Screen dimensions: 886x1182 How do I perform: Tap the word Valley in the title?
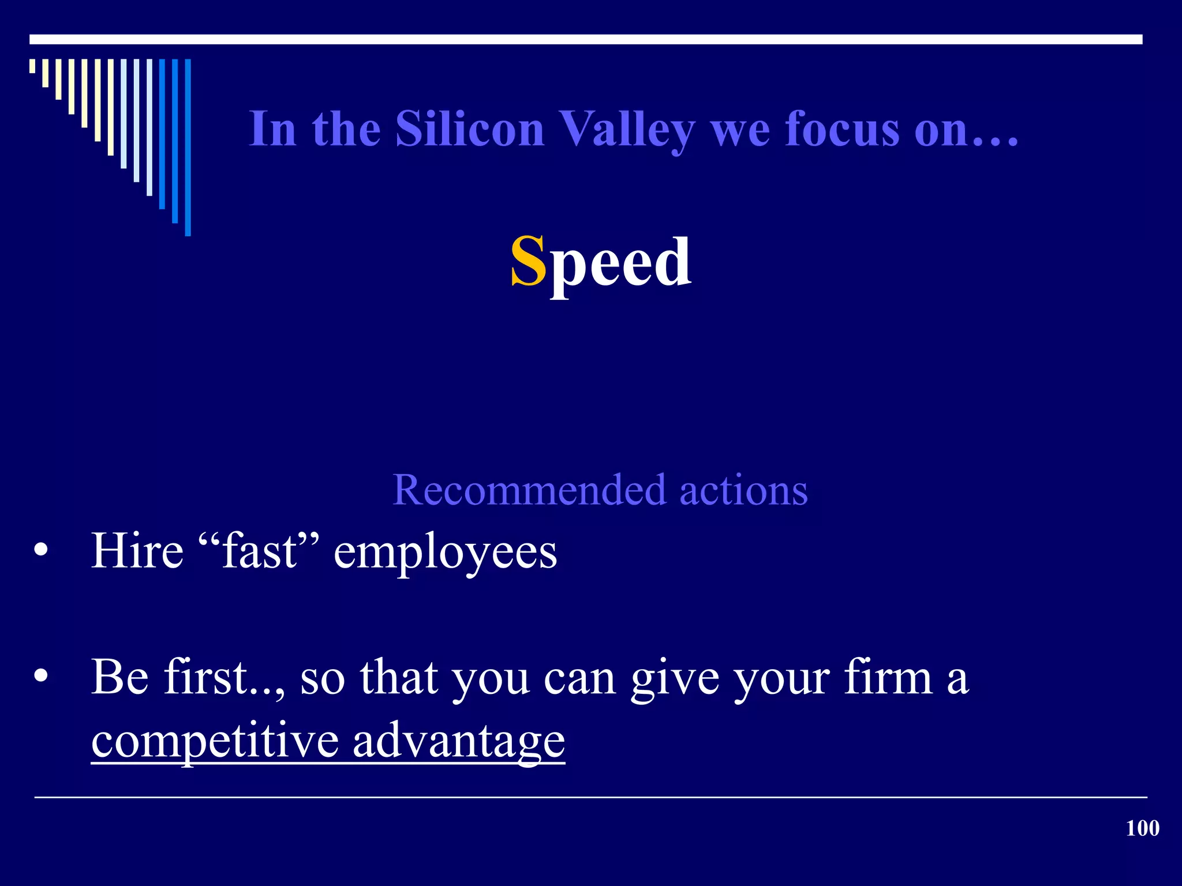tap(628, 130)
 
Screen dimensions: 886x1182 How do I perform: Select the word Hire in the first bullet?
tap(137, 551)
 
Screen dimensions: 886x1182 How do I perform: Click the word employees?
tap(445, 554)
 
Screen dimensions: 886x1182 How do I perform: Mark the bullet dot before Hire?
tap(41, 550)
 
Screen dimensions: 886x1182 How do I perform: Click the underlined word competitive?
tap(215, 741)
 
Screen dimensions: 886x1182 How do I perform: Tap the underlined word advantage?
tap(459, 742)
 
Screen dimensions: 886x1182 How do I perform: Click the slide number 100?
tap(1142, 828)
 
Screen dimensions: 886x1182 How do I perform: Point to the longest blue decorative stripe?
tap(188, 147)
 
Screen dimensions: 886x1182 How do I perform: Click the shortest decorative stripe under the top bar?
tap(32, 66)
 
